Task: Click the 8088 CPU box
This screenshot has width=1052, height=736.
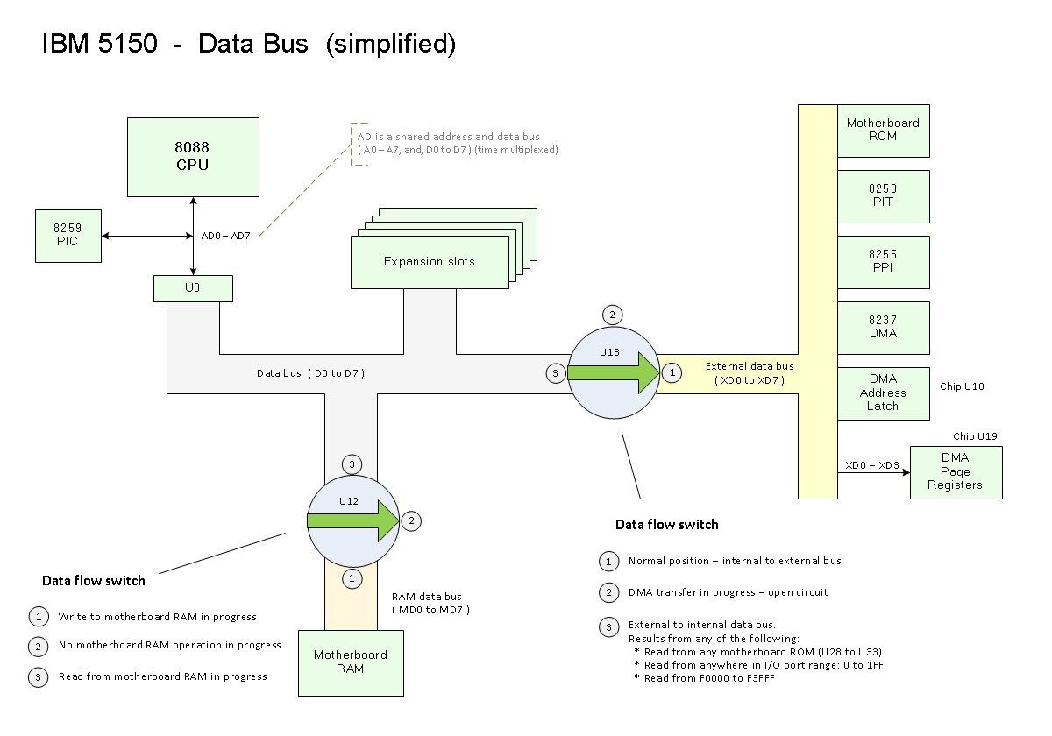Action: click(x=193, y=157)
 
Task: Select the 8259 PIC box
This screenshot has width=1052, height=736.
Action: click(x=68, y=235)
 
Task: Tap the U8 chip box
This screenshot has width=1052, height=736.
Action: click(x=193, y=288)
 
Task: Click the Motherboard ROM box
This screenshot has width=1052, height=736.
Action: click(x=883, y=131)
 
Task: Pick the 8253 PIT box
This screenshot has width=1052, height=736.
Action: click(x=883, y=195)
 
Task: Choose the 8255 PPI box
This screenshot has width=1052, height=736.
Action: click(x=883, y=261)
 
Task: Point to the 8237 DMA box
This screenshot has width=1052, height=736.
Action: click(x=883, y=327)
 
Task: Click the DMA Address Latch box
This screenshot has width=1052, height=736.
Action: click(x=883, y=393)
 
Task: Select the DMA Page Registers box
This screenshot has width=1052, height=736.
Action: click(x=955, y=472)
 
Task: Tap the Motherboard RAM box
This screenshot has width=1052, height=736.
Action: click(x=351, y=662)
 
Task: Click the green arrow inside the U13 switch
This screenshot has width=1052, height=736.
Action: click(x=613, y=372)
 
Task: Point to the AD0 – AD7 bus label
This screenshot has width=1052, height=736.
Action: click(x=226, y=236)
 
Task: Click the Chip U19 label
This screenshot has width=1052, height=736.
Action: click(x=976, y=436)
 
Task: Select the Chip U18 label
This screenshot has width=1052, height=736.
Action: click(x=963, y=386)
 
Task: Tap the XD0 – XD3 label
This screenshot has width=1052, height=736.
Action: click(x=871, y=465)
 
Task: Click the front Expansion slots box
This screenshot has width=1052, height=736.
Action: click(x=430, y=262)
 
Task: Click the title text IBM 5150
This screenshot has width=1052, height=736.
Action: click(x=100, y=45)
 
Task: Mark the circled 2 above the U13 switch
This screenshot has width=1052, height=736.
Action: click(x=613, y=315)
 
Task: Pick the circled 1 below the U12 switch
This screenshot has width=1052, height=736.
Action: click(x=352, y=578)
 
